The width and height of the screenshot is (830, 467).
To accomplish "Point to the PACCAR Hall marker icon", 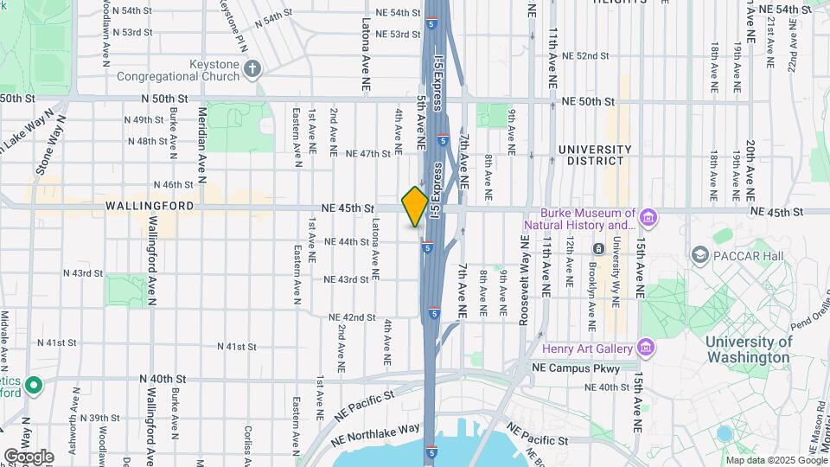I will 699,254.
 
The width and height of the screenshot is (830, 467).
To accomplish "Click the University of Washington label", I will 748,349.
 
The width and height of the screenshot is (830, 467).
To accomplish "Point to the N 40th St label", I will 163,379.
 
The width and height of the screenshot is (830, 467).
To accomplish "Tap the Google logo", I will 29,456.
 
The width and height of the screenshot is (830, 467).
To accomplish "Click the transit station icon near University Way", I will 597,249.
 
